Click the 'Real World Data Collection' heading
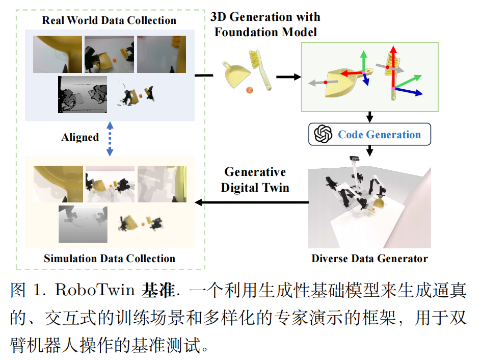[109, 20]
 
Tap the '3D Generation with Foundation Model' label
[265, 24]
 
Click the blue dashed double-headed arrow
[110, 138]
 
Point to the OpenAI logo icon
[323, 135]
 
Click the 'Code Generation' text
[379, 135]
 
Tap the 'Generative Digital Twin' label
[255, 179]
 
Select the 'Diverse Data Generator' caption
[369, 259]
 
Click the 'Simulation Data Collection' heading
[110, 258]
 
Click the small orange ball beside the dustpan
[250, 91]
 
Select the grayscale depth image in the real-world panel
[82, 94]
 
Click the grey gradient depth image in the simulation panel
[84, 224]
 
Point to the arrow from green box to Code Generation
[370, 117]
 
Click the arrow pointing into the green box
[288, 77]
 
